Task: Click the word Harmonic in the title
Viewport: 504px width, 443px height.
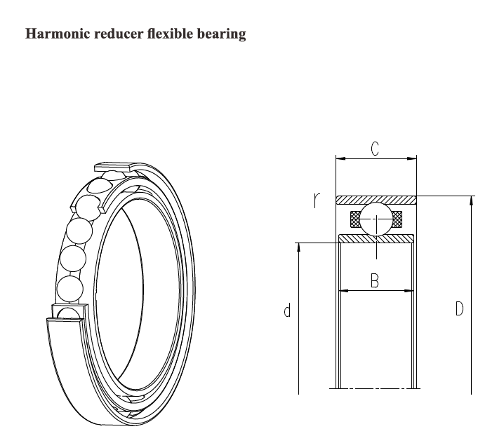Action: tap(58, 34)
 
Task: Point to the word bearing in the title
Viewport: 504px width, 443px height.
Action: tap(221, 34)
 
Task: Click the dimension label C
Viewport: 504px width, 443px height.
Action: tap(375, 149)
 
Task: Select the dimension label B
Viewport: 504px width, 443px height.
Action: tap(375, 280)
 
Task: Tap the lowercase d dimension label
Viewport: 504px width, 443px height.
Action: tap(287, 310)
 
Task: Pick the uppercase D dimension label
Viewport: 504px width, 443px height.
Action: tap(460, 309)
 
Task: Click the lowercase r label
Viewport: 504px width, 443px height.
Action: tap(317, 200)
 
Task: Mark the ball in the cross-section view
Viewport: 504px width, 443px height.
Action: tap(376, 219)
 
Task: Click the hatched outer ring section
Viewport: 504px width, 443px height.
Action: tap(376, 200)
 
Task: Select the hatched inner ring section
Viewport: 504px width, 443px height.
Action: tap(376, 238)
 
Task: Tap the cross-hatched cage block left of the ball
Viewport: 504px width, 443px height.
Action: tap(355, 219)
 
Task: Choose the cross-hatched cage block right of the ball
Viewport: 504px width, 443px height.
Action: tap(397, 219)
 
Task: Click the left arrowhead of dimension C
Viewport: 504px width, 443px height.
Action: tap(340, 158)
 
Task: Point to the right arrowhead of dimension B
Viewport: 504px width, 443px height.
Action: tap(409, 291)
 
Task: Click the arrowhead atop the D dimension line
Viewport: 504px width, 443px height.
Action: tap(471, 200)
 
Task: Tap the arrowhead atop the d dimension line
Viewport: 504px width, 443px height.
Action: tap(298, 247)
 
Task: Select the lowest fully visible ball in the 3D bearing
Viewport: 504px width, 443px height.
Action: tap(70, 289)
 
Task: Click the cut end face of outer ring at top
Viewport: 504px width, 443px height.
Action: tap(113, 168)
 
